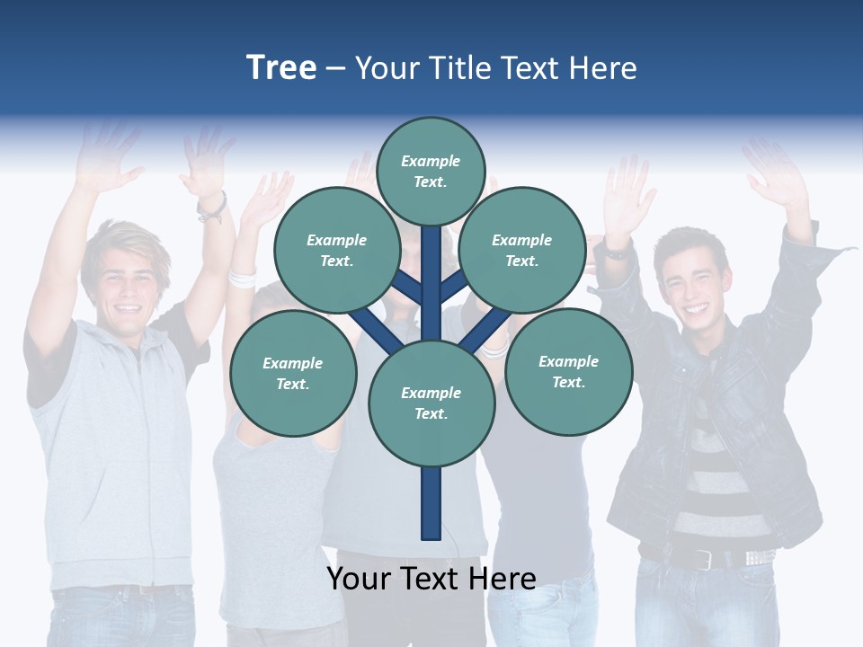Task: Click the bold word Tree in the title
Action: (281, 67)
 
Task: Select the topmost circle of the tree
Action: (431, 171)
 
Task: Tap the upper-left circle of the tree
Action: (336, 250)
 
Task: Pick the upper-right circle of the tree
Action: (522, 250)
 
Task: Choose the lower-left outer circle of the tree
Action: (293, 373)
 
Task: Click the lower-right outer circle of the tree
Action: (568, 371)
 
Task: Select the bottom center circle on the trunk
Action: (431, 403)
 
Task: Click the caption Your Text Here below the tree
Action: (431, 579)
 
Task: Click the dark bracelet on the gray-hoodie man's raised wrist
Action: (213, 208)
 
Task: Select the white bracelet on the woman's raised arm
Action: (241, 278)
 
